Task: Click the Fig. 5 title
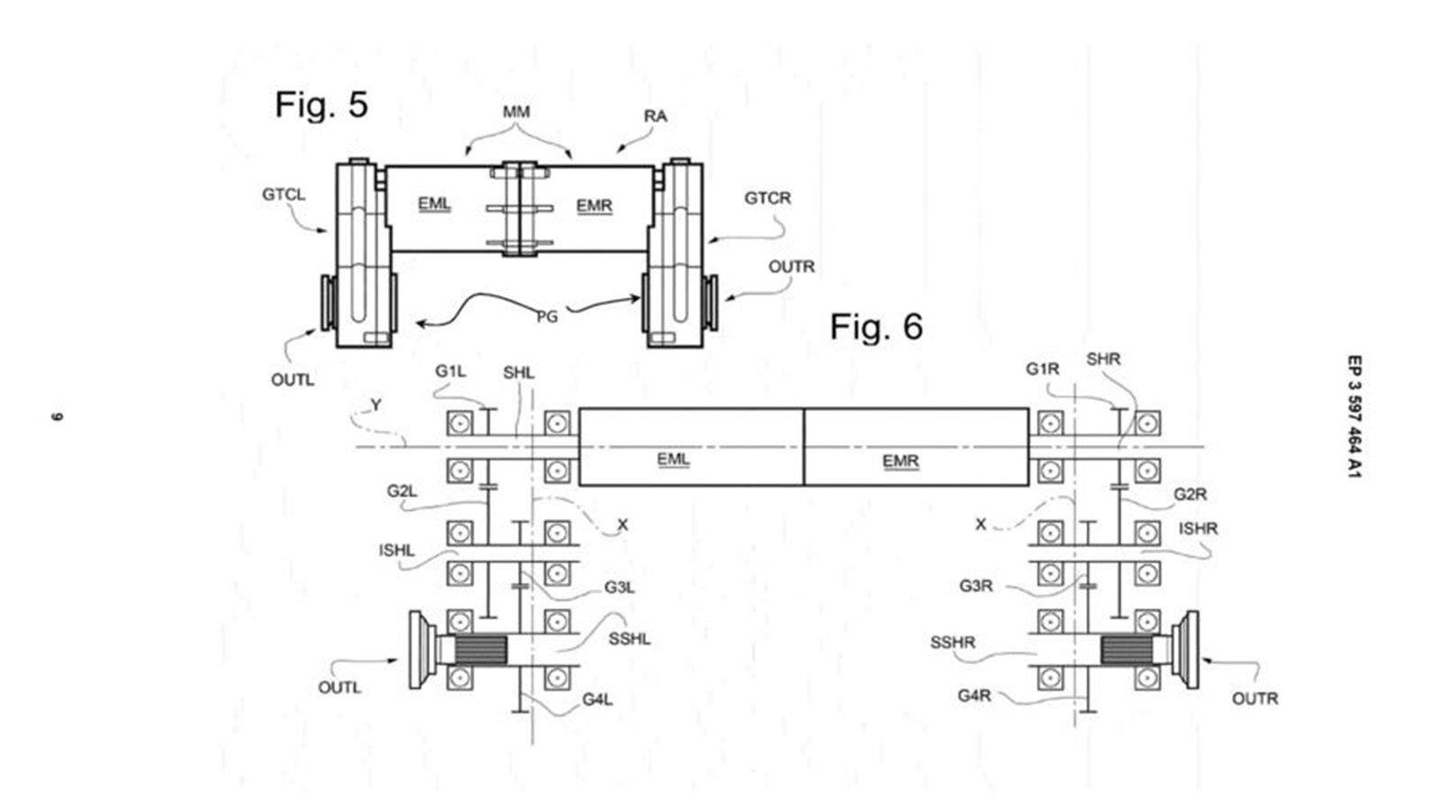pyautogui.click(x=322, y=105)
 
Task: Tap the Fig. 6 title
pyautogui.click(x=876, y=327)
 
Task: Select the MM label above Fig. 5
pyautogui.click(x=516, y=112)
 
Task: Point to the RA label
pyautogui.click(x=656, y=116)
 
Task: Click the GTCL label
pyautogui.click(x=284, y=195)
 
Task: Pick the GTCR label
pyautogui.click(x=767, y=198)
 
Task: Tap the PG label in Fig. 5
pyautogui.click(x=548, y=316)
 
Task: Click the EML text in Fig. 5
pyautogui.click(x=434, y=205)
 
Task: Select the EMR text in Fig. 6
pyautogui.click(x=900, y=461)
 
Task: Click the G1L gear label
pyautogui.click(x=450, y=371)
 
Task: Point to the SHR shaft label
pyautogui.click(x=1103, y=360)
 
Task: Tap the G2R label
pyautogui.click(x=1190, y=495)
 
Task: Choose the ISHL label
pyautogui.click(x=397, y=551)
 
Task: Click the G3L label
pyautogui.click(x=620, y=588)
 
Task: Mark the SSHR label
pyautogui.click(x=953, y=642)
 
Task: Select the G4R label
pyautogui.click(x=974, y=696)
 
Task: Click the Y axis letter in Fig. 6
pyautogui.click(x=376, y=405)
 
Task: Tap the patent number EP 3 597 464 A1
pyautogui.click(x=1355, y=416)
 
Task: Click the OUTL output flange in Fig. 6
pyautogui.click(x=422, y=650)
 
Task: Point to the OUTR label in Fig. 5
pyautogui.click(x=792, y=267)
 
